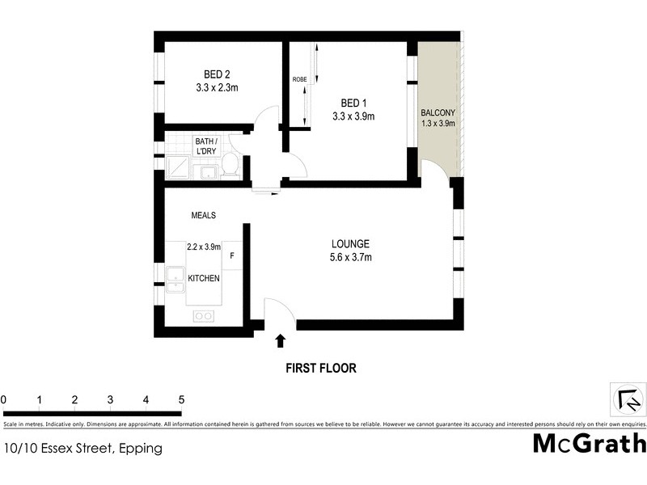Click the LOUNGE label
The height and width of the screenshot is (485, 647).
pyautogui.click(x=350, y=244)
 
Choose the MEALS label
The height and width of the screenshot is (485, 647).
pyautogui.click(x=203, y=215)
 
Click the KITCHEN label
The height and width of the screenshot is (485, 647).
pyautogui.click(x=204, y=278)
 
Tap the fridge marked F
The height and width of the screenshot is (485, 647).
pyautogui.click(x=232, y=256)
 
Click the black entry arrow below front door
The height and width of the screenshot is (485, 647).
pyautogui.click(x=281, y=341)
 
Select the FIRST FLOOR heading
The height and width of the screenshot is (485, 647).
pyautogui.click(x=320, y=368)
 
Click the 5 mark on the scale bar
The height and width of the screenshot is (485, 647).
pyautogui.click(x=181, y=399)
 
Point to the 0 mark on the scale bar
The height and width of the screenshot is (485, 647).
pyautogui.click(x=4, y=399)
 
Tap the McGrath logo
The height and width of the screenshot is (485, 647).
pyautogui.click(x=589, y=444)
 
